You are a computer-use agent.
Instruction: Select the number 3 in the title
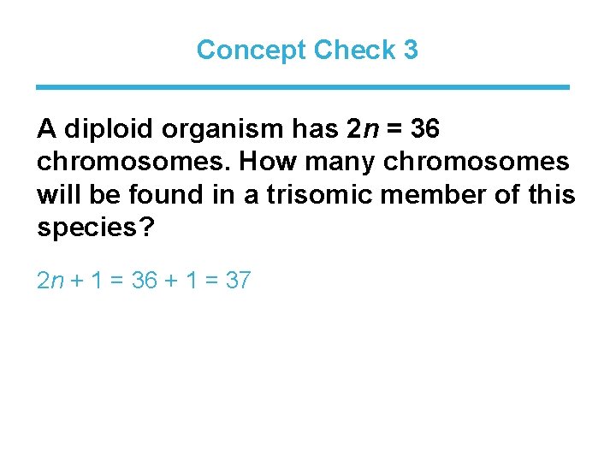pos(411,50)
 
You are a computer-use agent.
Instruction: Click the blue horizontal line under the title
pos(303,86)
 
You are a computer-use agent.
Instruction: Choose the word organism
pos(206,131)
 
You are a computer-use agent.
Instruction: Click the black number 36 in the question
pos(425,129)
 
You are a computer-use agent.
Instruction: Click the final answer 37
pos(237,280)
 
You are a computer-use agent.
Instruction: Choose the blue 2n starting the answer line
pos(50,280)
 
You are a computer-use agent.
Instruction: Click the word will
pos(56,194)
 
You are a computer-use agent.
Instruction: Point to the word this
pos(554,194)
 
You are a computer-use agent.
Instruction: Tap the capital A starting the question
pos(46,129)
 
